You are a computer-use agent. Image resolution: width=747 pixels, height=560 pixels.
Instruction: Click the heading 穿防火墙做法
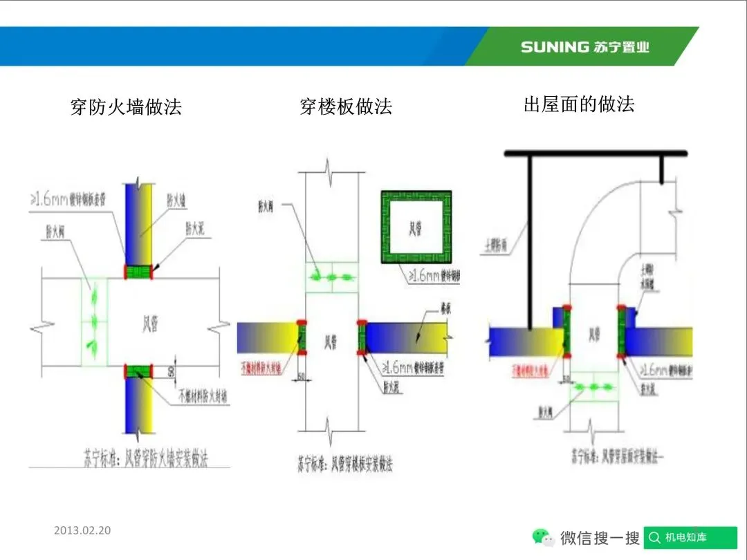(x=126, y=107)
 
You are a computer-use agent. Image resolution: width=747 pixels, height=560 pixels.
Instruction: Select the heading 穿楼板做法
(x=346, y=106)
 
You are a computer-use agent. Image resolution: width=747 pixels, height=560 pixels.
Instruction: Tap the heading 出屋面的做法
(x=579, y=104)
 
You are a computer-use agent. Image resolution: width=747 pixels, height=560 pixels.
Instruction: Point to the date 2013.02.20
(x=82, y=531)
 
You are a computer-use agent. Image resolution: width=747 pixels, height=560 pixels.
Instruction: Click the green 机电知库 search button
(x=690, y=537)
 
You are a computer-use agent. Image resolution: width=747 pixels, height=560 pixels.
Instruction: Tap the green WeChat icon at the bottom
(x=542, y=537)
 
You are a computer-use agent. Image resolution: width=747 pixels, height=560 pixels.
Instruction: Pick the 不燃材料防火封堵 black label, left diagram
(x=203, y=397)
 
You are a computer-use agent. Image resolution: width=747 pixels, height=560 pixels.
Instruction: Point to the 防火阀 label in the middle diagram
(x=267, y=205)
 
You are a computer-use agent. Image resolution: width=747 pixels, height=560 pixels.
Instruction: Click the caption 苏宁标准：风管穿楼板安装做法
(x=344, y=463)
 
